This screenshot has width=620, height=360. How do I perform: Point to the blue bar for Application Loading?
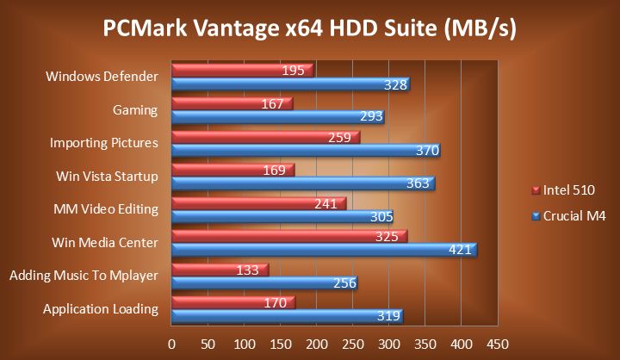click(284, 316)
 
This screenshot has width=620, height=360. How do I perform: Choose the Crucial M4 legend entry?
click(568, 215)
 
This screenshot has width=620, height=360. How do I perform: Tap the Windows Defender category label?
click(102, 77)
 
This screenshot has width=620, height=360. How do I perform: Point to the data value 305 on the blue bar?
click(381, 217)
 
